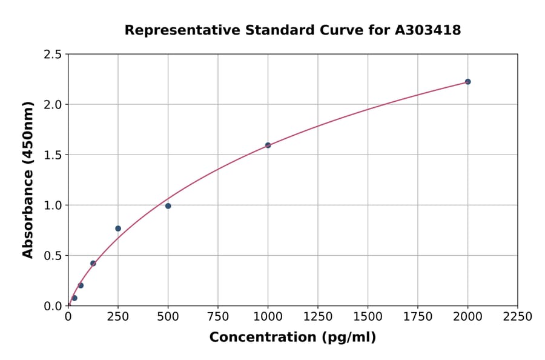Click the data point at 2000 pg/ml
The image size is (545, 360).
(467, 82)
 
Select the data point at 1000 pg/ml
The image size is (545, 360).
(268, 145)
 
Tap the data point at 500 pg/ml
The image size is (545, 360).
(168, 206)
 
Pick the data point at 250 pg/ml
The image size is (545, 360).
(118, 228)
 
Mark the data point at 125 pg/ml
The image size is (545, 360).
(93, 263)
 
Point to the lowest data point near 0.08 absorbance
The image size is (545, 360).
(74, 298)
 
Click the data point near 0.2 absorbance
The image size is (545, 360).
(81, 285)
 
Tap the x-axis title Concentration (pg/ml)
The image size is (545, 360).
(292, 338)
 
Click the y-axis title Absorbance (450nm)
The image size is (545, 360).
(28, 179)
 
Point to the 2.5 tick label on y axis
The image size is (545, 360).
(52, 55)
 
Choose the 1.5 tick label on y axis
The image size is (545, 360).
(52, 155)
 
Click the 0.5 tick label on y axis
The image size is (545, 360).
(52, 256)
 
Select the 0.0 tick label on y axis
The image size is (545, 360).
(52, 306)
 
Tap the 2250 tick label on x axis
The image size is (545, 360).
(517, 317)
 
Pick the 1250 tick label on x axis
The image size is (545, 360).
(317, 317)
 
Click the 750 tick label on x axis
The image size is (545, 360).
(218, 317)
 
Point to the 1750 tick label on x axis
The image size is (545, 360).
(417, 317)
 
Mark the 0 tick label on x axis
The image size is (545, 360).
(68, 317)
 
